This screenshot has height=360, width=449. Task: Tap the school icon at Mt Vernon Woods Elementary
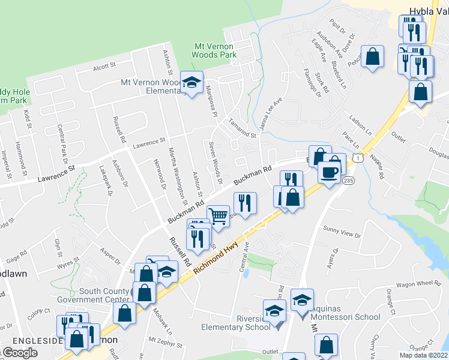(191, 84)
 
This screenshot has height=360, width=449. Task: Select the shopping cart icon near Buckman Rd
(218, 215)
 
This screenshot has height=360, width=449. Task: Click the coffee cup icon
(328, 173)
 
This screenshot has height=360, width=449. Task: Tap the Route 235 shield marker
(348, 180)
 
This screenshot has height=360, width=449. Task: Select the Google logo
(20, 353)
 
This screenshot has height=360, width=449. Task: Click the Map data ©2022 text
(424, 355)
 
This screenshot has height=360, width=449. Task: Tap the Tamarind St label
(242, 128)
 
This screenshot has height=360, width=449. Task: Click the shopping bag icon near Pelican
(373, 56)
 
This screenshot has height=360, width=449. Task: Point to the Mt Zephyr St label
(166, 345)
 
